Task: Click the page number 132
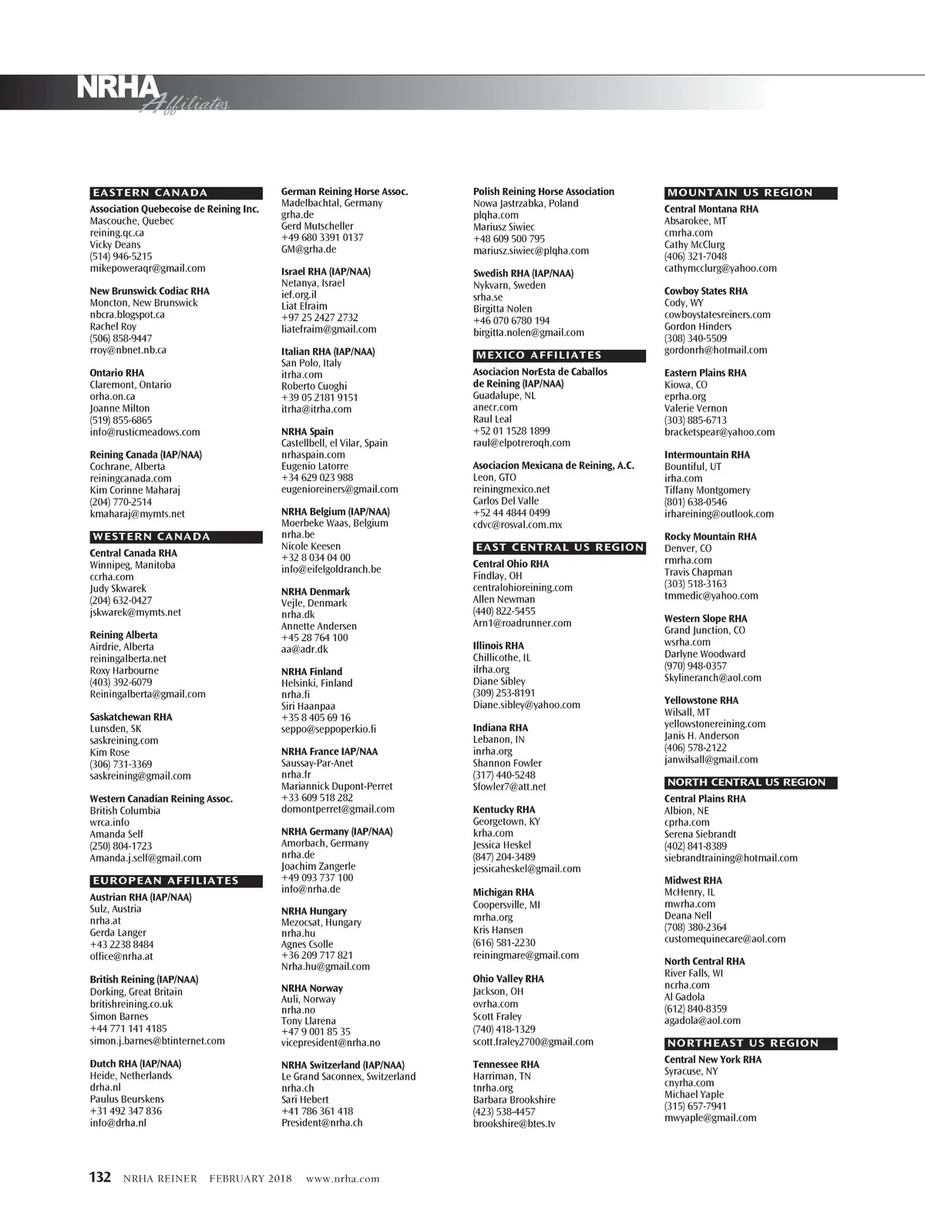pyautogui.click(x=100, y=1177)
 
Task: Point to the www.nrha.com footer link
pyautogui.click(x=342, y=1178)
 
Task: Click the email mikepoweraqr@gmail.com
pyautogui.click(x=147, y=268)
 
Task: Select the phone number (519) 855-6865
pyautogui.click(x=121, y=420)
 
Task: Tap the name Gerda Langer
pyautogui.click(x=118, y=932)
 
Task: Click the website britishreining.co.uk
pyautogui.click(x=131, y=1004)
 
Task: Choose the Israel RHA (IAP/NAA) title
pyautogui.click(x=325, y=271)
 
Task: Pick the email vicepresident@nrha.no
pyautogui.click(x=330, y=1043)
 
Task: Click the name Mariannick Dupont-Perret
pyautogui.click(x=337, y=786)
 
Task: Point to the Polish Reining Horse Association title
pyautogui.click(x=543, y=191)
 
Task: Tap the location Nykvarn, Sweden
pyautogui.click(x=509, y=285)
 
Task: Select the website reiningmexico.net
pyautogui.click(x=511, y=489)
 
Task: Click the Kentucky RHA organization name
pyautogui.click(x=503, y=809)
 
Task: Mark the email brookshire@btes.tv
pyautogui.click(x=513, y=1123)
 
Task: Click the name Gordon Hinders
pyautogui.click(x=698, y=326)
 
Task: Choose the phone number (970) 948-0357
pyautogui.click(x=695, y=666)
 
